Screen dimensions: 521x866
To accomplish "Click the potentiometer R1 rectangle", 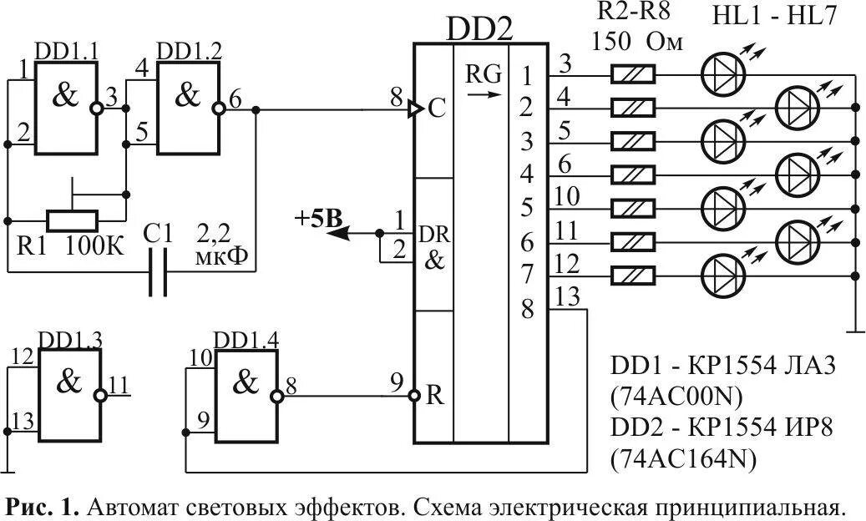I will [x=73, y=220].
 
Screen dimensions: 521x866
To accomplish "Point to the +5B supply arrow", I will [x=338, y=234].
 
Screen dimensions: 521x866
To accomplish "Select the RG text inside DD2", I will [x=484, y=75].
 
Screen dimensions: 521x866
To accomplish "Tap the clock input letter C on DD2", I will [x=435, y=109].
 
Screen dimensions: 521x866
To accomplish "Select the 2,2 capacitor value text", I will [x=214, y=232].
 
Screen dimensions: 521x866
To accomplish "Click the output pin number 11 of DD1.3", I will [x=119, y=385].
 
